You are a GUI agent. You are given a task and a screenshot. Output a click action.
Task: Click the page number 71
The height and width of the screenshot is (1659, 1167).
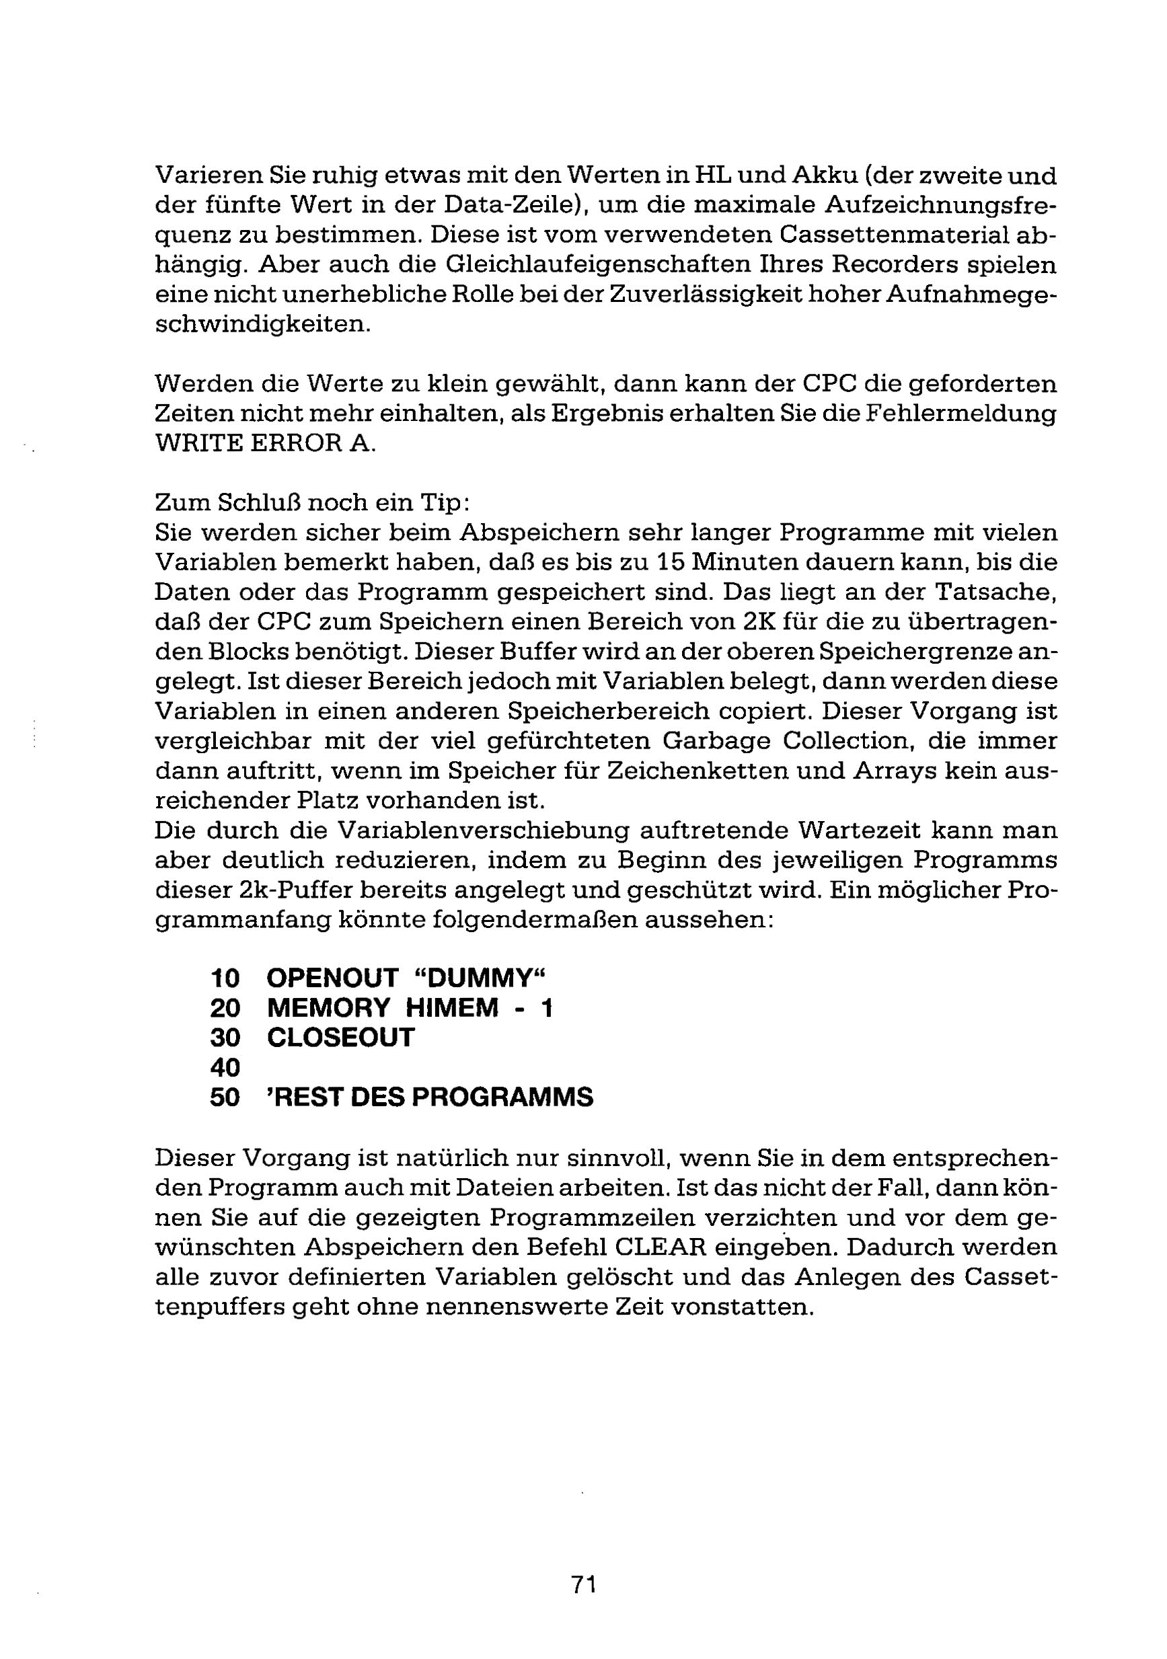pos(583,1584)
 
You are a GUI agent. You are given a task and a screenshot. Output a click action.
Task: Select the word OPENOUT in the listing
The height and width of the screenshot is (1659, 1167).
pos(332,978)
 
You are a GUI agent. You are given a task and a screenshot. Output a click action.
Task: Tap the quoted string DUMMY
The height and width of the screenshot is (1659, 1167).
pos(480,978)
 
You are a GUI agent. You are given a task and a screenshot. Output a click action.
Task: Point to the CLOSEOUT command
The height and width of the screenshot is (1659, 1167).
pos(340,1038)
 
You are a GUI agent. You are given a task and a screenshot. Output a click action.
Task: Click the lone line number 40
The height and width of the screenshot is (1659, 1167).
pos(225,1068)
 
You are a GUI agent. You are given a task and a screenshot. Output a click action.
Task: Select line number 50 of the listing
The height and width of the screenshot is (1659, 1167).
pos(225,1097)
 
